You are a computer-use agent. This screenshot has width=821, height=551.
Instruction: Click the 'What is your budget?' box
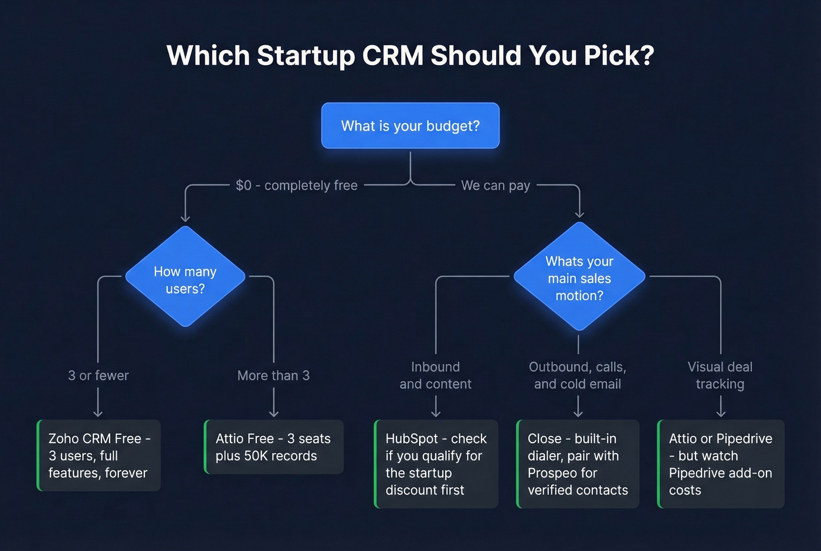(x=410, y=126)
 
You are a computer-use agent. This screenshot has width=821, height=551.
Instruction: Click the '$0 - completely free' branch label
(x=297, y=185)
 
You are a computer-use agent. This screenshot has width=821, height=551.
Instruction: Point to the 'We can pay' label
(x=496, y=185)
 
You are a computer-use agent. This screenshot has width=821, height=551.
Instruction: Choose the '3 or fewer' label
(x=98, y=376)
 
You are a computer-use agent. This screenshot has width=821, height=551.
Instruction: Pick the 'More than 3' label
(x=273, y=376)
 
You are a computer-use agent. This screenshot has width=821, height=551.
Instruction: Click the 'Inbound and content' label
(x=436, y=376)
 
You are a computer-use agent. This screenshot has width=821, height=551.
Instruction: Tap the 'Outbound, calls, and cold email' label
(x=578, y=376)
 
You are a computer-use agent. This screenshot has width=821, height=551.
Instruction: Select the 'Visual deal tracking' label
(x=720, y=376)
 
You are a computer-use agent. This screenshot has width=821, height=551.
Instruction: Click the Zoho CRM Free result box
(x=99, y=455)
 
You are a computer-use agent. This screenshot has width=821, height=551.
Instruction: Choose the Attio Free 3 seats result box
(x=273, y=447)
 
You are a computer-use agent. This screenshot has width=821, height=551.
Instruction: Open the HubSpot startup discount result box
(x=436, y=464)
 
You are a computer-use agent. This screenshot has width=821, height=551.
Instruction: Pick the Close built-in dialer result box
(x=578, y=464)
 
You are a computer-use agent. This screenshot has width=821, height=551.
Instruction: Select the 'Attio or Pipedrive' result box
(x=721, y=464)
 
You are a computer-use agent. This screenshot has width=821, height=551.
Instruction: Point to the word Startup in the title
(x=306, y=56)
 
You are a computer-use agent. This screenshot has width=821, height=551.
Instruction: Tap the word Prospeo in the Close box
(x=554, y=473)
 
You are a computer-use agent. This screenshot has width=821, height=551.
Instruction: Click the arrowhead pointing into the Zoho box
(x=98, y=414)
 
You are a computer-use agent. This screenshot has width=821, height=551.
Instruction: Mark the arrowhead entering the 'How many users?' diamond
(x=185, y=219)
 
